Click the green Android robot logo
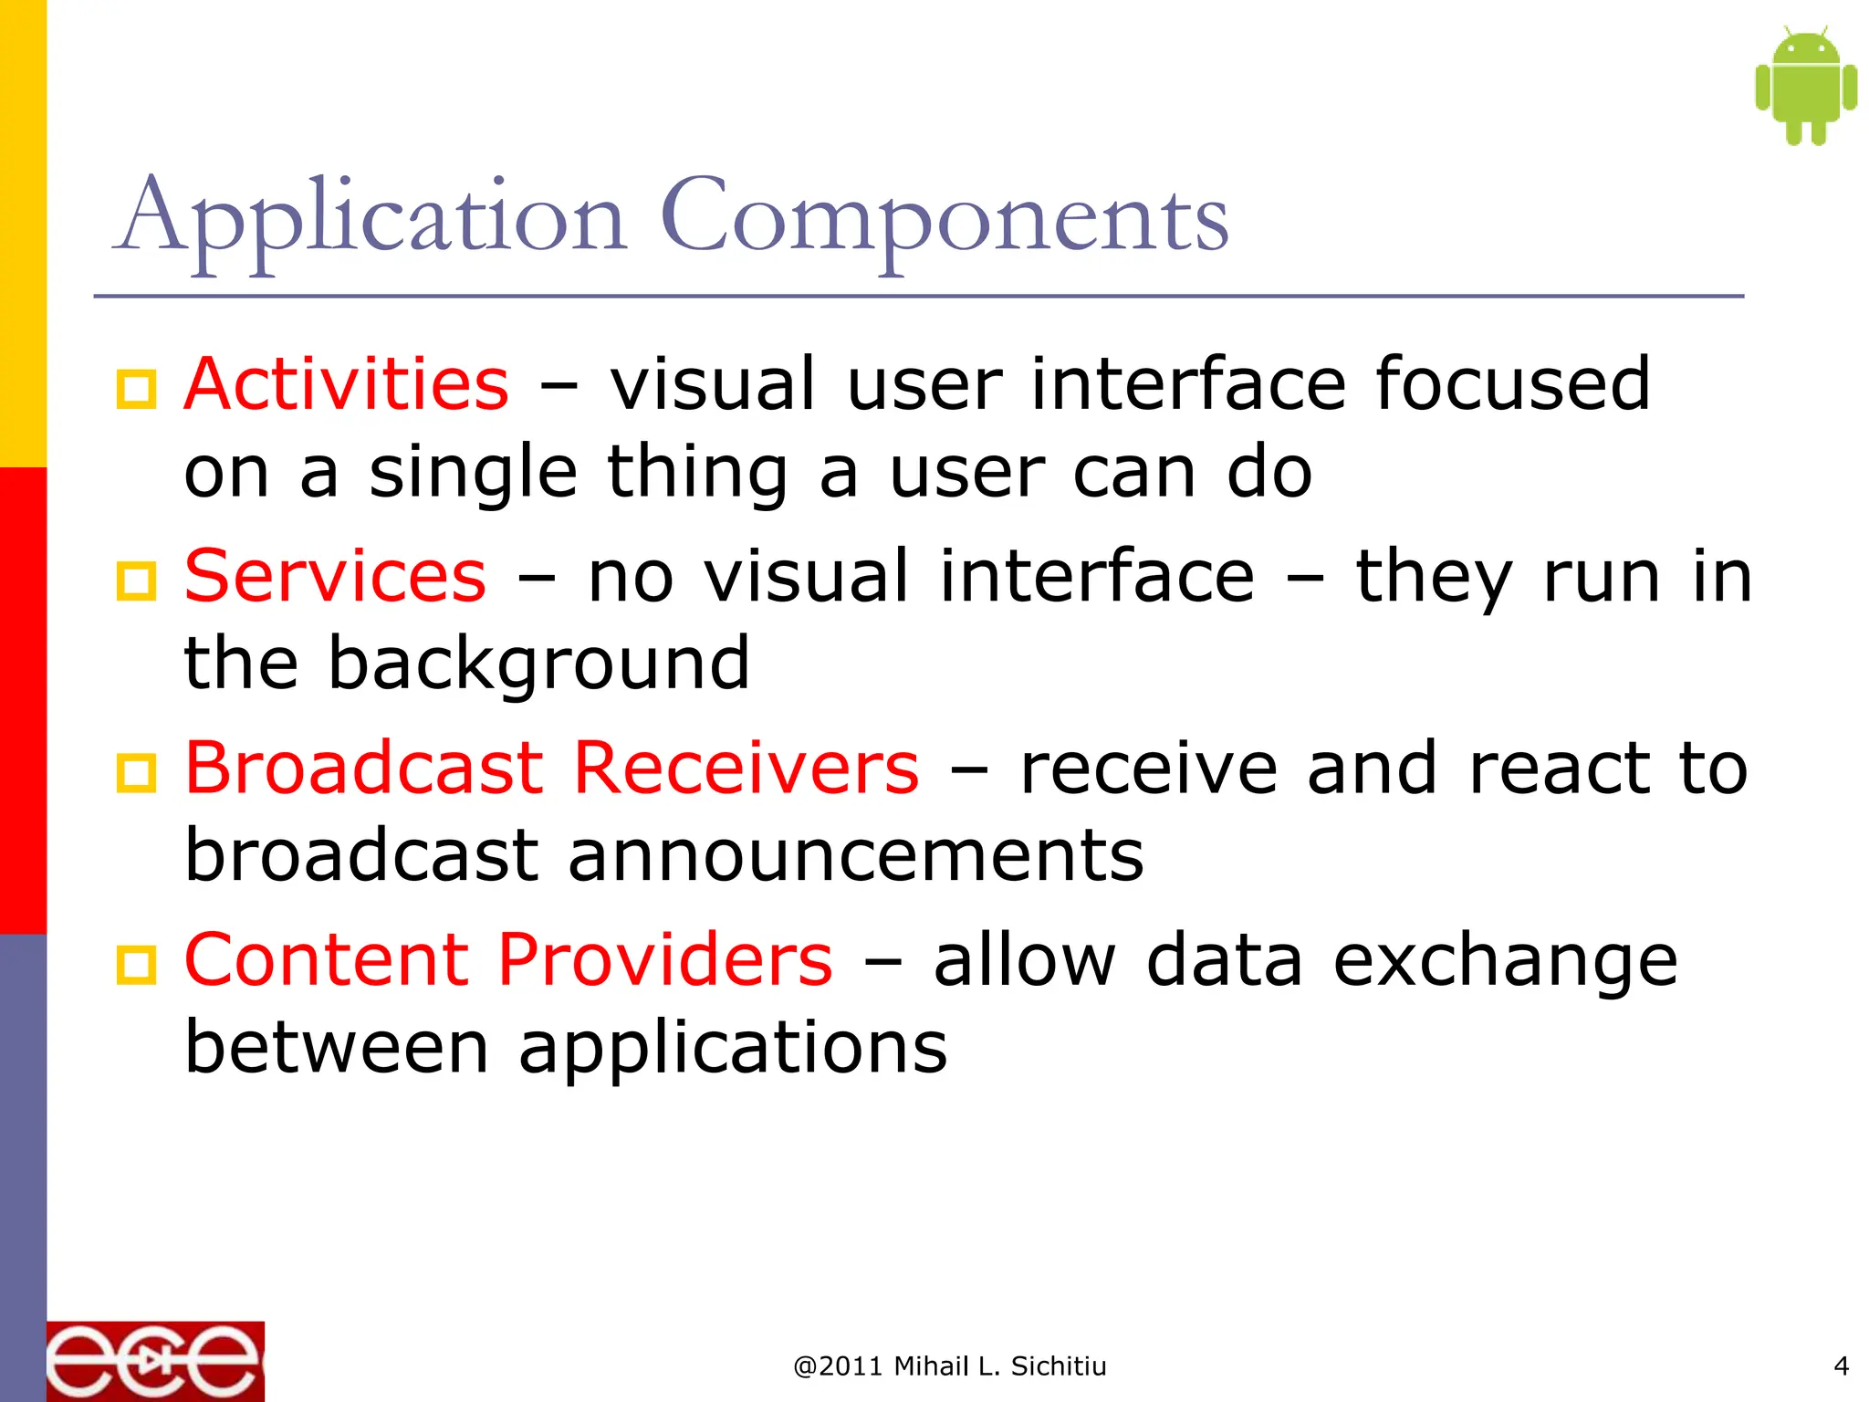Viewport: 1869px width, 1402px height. coord(1805,87)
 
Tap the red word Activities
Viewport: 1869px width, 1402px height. coord(347,384)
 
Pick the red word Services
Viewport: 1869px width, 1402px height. coord(335,577)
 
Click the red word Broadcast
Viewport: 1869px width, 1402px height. coord(364,769)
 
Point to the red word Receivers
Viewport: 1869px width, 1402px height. coord(746,769)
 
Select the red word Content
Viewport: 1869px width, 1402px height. coord(327,960)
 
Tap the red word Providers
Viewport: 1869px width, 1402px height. coord(664,960)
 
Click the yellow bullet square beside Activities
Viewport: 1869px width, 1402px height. coord(137,390)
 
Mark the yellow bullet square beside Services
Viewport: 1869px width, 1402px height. coord(137,581)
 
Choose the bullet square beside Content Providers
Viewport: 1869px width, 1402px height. coord(137,965)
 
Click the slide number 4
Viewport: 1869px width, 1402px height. coord(1841,1365)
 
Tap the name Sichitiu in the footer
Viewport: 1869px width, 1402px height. coord(1059,1366)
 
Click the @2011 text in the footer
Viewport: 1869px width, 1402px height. coord(838,1366)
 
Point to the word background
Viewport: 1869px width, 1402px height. coord(538,664)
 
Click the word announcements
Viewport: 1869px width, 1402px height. coord(855,856)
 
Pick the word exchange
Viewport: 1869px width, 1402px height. coord(1505,962)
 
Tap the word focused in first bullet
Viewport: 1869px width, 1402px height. coord(1512,384)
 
